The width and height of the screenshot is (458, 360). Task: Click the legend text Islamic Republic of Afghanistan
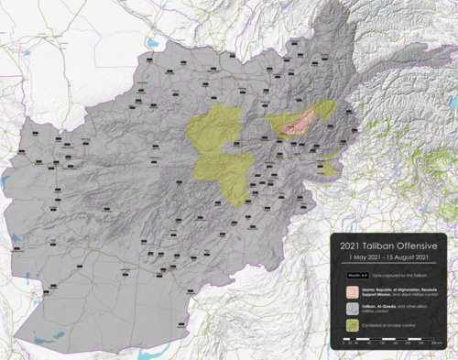[x=389, y=287]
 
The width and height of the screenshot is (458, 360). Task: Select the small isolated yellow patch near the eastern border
[x=330, y=167]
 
